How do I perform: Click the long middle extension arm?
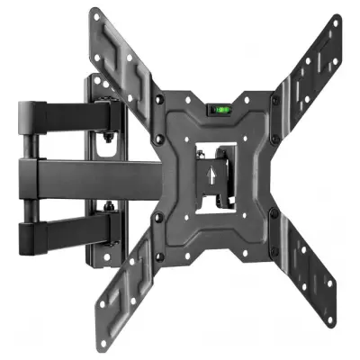point(99,171)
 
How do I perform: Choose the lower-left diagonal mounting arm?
point(135,270)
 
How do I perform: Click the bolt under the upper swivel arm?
point(107,141)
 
